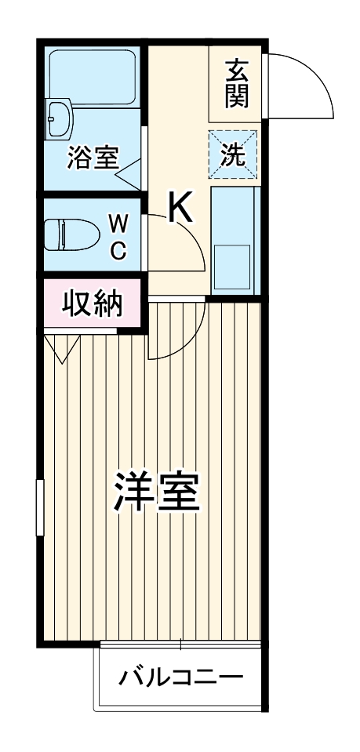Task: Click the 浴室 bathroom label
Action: (93, 158)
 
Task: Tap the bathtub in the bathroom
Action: (93, 78)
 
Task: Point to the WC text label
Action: (118, 237)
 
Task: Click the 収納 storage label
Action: (92, 302)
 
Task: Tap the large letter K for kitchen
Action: (180, 207)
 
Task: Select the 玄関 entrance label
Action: (236, 82)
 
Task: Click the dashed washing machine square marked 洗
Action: (232, 153)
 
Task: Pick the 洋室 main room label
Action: (157, 492)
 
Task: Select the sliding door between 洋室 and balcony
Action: (180, 645)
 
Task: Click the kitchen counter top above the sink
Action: (233, 212)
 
